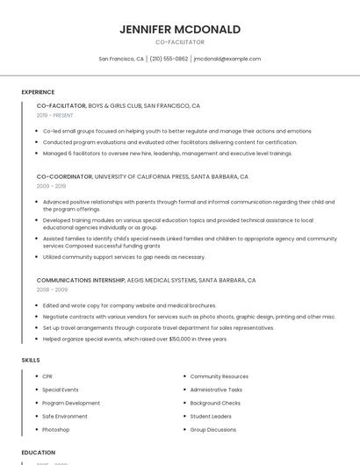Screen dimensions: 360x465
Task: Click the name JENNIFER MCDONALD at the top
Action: click(x=179, y=29)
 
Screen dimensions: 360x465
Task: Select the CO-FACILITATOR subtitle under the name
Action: click(x=179, y=42)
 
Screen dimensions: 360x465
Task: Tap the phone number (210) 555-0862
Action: click(x=169, y=59)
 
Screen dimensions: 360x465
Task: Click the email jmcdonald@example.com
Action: click(x=227, y=59)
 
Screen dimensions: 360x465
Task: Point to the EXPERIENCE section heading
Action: click(x=38, y=92)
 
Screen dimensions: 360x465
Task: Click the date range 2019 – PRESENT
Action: click(x=54, y=115)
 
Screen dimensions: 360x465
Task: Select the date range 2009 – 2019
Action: click(x=51, y=186)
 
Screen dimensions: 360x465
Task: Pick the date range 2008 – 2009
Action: click(x=52, y=289)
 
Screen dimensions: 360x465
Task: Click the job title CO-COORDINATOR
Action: click(x=64, y=176)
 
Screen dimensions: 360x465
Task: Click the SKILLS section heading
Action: click(x=31, y=360)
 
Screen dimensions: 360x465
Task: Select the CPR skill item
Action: click(x=47, y=376)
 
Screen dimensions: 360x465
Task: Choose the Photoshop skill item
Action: click(x=55, y=430)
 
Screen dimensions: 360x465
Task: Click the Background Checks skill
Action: click(x=216, y=403)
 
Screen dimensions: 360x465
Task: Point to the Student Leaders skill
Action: click(x=211, y=416)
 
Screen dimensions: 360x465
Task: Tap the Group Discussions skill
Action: click(x=213, y=430)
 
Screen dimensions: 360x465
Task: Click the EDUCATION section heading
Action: click(x=38, y=453)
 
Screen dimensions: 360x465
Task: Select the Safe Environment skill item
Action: click(x=65, y=416)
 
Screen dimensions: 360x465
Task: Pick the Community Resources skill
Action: click(x=220, y=376)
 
